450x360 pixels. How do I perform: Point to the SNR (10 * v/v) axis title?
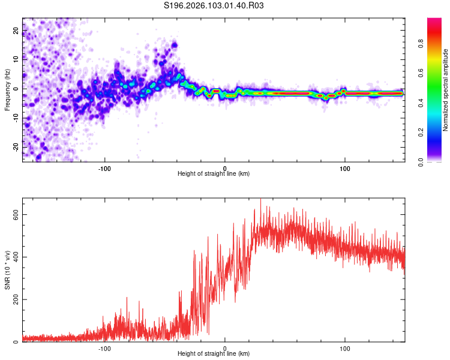pyautogui.click(x=7, y=270)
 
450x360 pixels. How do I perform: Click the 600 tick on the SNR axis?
pyautogui.click(x=13, y=215)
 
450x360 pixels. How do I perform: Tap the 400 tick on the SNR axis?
pyautogui.click(x=13, y=257)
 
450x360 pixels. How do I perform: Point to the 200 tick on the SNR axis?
pyautogui.click(x=13, y=300)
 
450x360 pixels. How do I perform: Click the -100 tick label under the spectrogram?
pyautogui.click(x=105, y=167)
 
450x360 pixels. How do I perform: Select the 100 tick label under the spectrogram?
pyautogui.click(x=345, y=167)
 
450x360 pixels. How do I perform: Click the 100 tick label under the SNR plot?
pyautogui.click(x=345, y=348)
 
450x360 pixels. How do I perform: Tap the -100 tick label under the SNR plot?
pyautogui.click(x=105, y=348)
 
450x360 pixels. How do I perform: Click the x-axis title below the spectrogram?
pyautogui.click(x=214, y=174)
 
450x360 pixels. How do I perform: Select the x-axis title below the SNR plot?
pyautogui.click(x=214, y=354)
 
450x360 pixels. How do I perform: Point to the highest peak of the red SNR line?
pyautogui.click(x=260, y=199)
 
